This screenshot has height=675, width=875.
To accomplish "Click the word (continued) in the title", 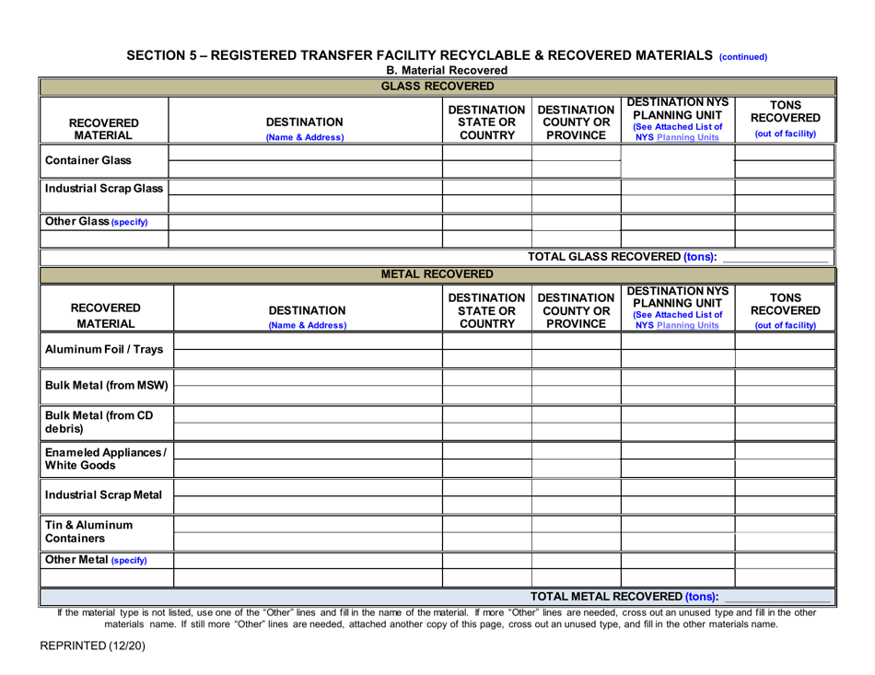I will [742, 55].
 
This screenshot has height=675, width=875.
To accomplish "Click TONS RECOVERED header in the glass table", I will [785, 119].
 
